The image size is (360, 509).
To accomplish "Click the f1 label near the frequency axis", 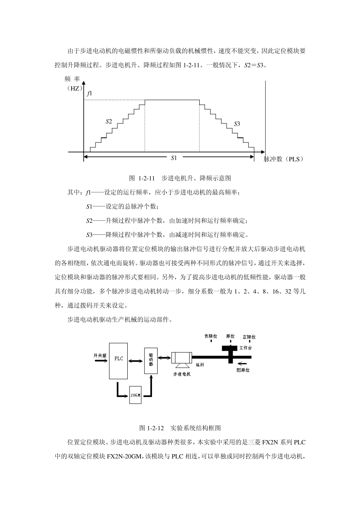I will point(89,93).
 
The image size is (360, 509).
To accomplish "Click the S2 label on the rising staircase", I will point(109,122).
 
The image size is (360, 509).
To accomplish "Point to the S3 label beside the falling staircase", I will point(237,124).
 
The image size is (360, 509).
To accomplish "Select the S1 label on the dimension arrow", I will point(174,158).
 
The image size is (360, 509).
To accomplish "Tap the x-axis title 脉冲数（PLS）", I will point(284,159).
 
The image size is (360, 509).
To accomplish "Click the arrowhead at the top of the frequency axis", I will point(84,83).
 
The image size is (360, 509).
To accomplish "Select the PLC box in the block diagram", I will point(119,361).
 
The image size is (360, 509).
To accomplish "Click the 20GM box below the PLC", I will point(135,395).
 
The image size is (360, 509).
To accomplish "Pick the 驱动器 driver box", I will point(151,360).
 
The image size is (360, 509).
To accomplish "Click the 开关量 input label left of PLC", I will point(100,356).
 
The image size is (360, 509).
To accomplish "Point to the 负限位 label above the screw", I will point(211,336).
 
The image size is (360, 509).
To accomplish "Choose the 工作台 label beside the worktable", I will point(246,347).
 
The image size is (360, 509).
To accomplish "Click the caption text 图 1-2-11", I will point(143,178).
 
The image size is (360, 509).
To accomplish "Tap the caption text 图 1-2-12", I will point(152,428).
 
